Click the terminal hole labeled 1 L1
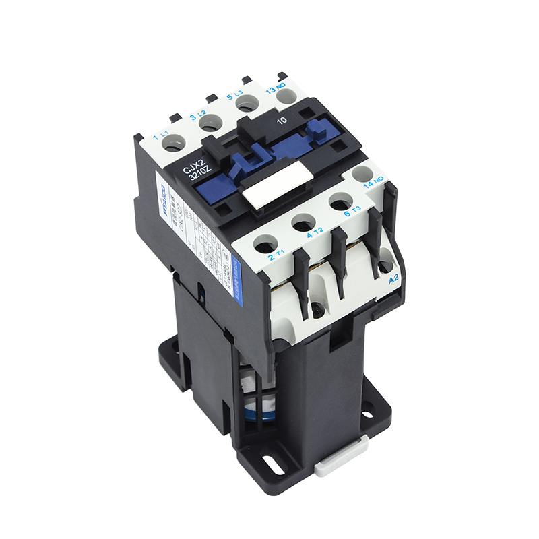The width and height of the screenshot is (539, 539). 174,143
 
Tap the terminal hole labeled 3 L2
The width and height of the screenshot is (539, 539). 211,123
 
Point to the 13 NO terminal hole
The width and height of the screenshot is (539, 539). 286,95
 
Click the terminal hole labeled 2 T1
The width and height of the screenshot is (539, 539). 265,244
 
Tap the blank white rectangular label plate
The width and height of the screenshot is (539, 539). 278,187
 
